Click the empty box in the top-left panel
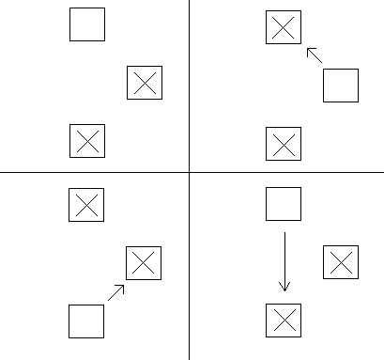87,24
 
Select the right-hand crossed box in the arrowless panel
145,83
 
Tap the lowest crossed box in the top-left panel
87,141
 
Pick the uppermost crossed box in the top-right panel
284,26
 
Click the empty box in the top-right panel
341,86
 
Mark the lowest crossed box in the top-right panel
284,144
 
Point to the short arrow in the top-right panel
315,55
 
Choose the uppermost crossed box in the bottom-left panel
85,204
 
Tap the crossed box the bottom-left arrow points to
144,263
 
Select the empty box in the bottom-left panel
86,321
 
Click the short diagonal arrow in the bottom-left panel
116,291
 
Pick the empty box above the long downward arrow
284,204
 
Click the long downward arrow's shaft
284,254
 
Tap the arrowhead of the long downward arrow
284,287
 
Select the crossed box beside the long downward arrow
341,262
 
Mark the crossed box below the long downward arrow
284,321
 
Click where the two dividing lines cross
189,172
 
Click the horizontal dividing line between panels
94,172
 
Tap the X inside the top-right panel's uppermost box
284,26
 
